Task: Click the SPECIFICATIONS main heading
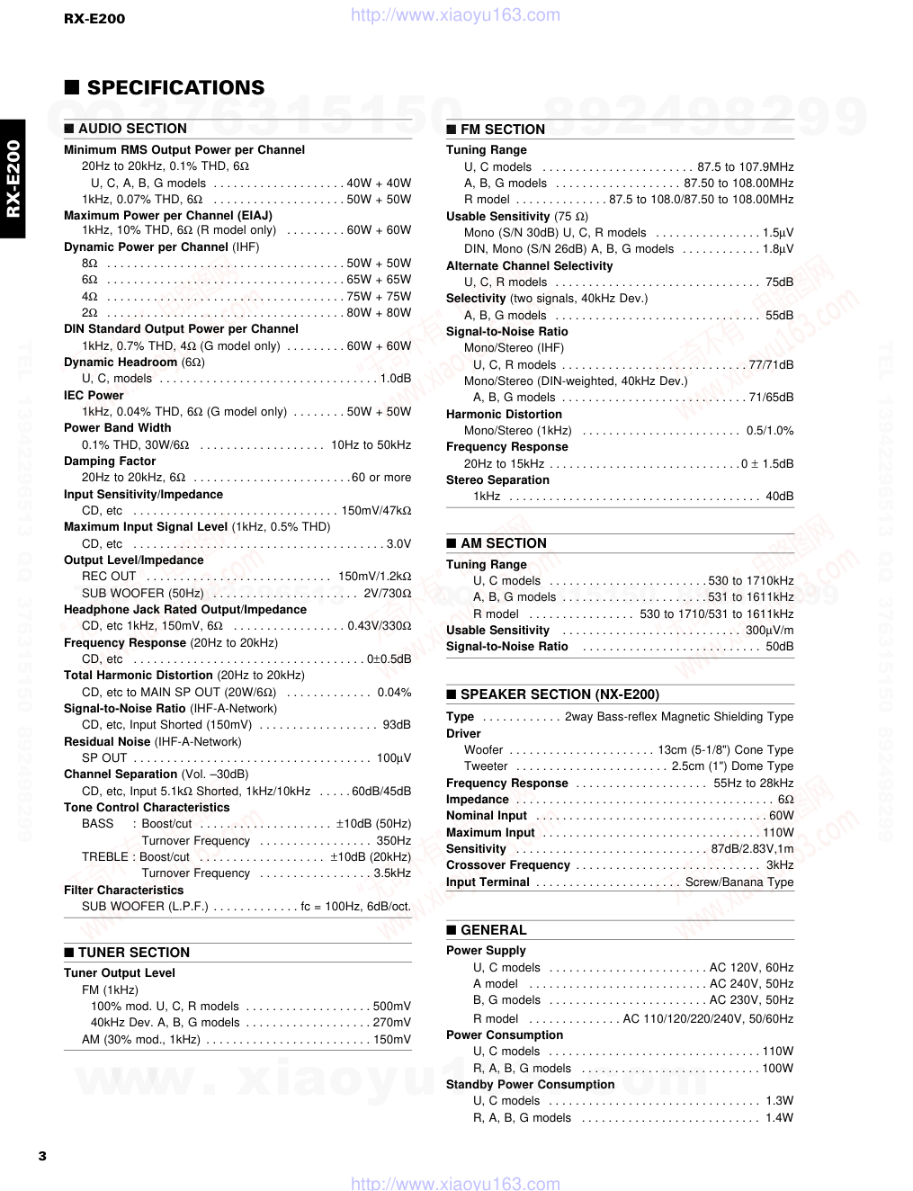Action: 175,88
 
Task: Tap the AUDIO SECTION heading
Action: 132,129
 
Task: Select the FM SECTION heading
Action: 503,130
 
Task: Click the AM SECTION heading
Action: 504,543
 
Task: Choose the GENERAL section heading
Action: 493,930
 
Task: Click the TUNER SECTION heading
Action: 134,953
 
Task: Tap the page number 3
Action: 42,1156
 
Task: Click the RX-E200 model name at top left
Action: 94,18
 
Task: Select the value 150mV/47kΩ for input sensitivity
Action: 376,511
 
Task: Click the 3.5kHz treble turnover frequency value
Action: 392,873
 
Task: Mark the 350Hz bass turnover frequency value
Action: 394,841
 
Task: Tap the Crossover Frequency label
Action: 508,865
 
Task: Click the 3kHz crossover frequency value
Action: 780,865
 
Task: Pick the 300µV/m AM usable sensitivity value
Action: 769,631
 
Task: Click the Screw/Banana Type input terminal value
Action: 739,882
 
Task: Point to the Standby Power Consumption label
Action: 530,1085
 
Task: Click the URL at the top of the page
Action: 455,15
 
